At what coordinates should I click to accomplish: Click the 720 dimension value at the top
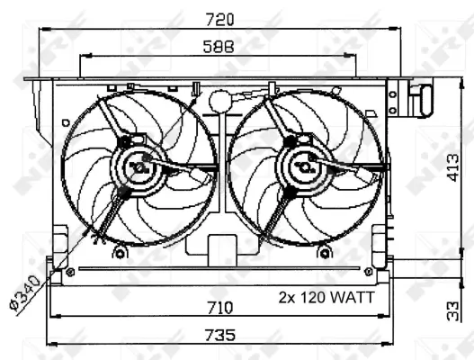[219, 18]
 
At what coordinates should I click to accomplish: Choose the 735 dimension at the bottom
[219, 335]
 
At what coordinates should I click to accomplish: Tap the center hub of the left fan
[142, 166]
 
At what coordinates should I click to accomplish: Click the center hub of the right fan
[303, 166]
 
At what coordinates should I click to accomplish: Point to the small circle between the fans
[219, 100]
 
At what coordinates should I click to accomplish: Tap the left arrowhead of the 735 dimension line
[51, 343]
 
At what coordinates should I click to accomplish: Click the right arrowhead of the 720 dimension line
[398, 28]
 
